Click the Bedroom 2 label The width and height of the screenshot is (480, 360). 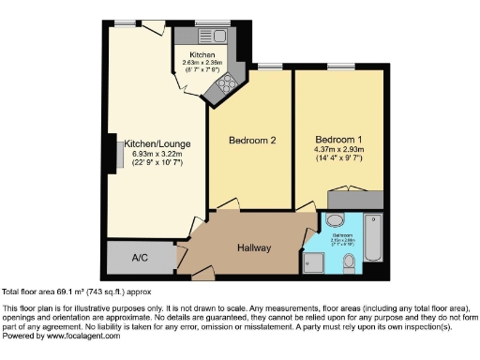(x=252, y=142)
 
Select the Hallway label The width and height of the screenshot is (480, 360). (x=253, y=248)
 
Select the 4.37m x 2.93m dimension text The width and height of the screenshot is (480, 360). (x=338, y=148)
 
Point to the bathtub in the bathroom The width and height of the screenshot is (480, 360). (x=371, y=239)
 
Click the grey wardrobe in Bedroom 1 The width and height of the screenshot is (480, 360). (x=356, y=199)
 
